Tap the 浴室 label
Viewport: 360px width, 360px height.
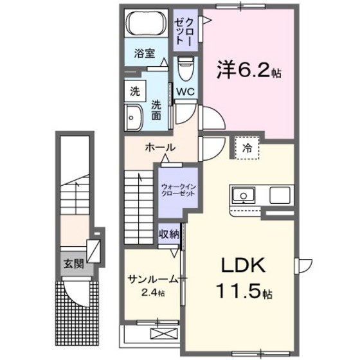point(144,54)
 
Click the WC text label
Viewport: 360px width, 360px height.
point(187,91)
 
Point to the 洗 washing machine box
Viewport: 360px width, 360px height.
point(134,90)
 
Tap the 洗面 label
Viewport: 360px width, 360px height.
point(156,111)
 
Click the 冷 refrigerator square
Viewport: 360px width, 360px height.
point(247,148)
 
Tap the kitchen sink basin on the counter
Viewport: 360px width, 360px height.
point(244,195)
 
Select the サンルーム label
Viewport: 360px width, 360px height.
point(152,278)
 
